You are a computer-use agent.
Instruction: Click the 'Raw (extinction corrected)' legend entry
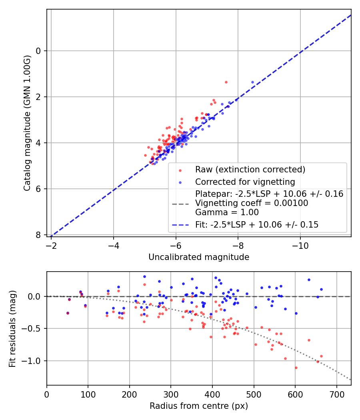pos(250,170)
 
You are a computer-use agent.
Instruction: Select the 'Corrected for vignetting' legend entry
pos(245,182)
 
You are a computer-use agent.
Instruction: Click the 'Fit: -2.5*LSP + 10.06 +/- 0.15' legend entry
pos(257,225)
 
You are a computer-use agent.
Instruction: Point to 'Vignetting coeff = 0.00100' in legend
pos(252,203)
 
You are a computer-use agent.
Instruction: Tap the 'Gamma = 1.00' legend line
pos(227,212)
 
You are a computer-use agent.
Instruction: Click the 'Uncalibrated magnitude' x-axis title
pos(199,257)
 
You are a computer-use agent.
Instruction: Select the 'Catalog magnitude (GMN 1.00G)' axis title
pos(27,123)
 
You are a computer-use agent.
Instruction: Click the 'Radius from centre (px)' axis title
pos(199,406)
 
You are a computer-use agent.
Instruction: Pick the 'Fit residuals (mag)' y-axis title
pos(13,328)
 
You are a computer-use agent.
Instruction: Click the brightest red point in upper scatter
pos(226,82)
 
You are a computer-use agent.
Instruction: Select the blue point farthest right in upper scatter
pos(252,82)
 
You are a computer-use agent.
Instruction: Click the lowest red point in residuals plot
pos(296,368)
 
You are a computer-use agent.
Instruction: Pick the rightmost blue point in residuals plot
pos(321,289)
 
